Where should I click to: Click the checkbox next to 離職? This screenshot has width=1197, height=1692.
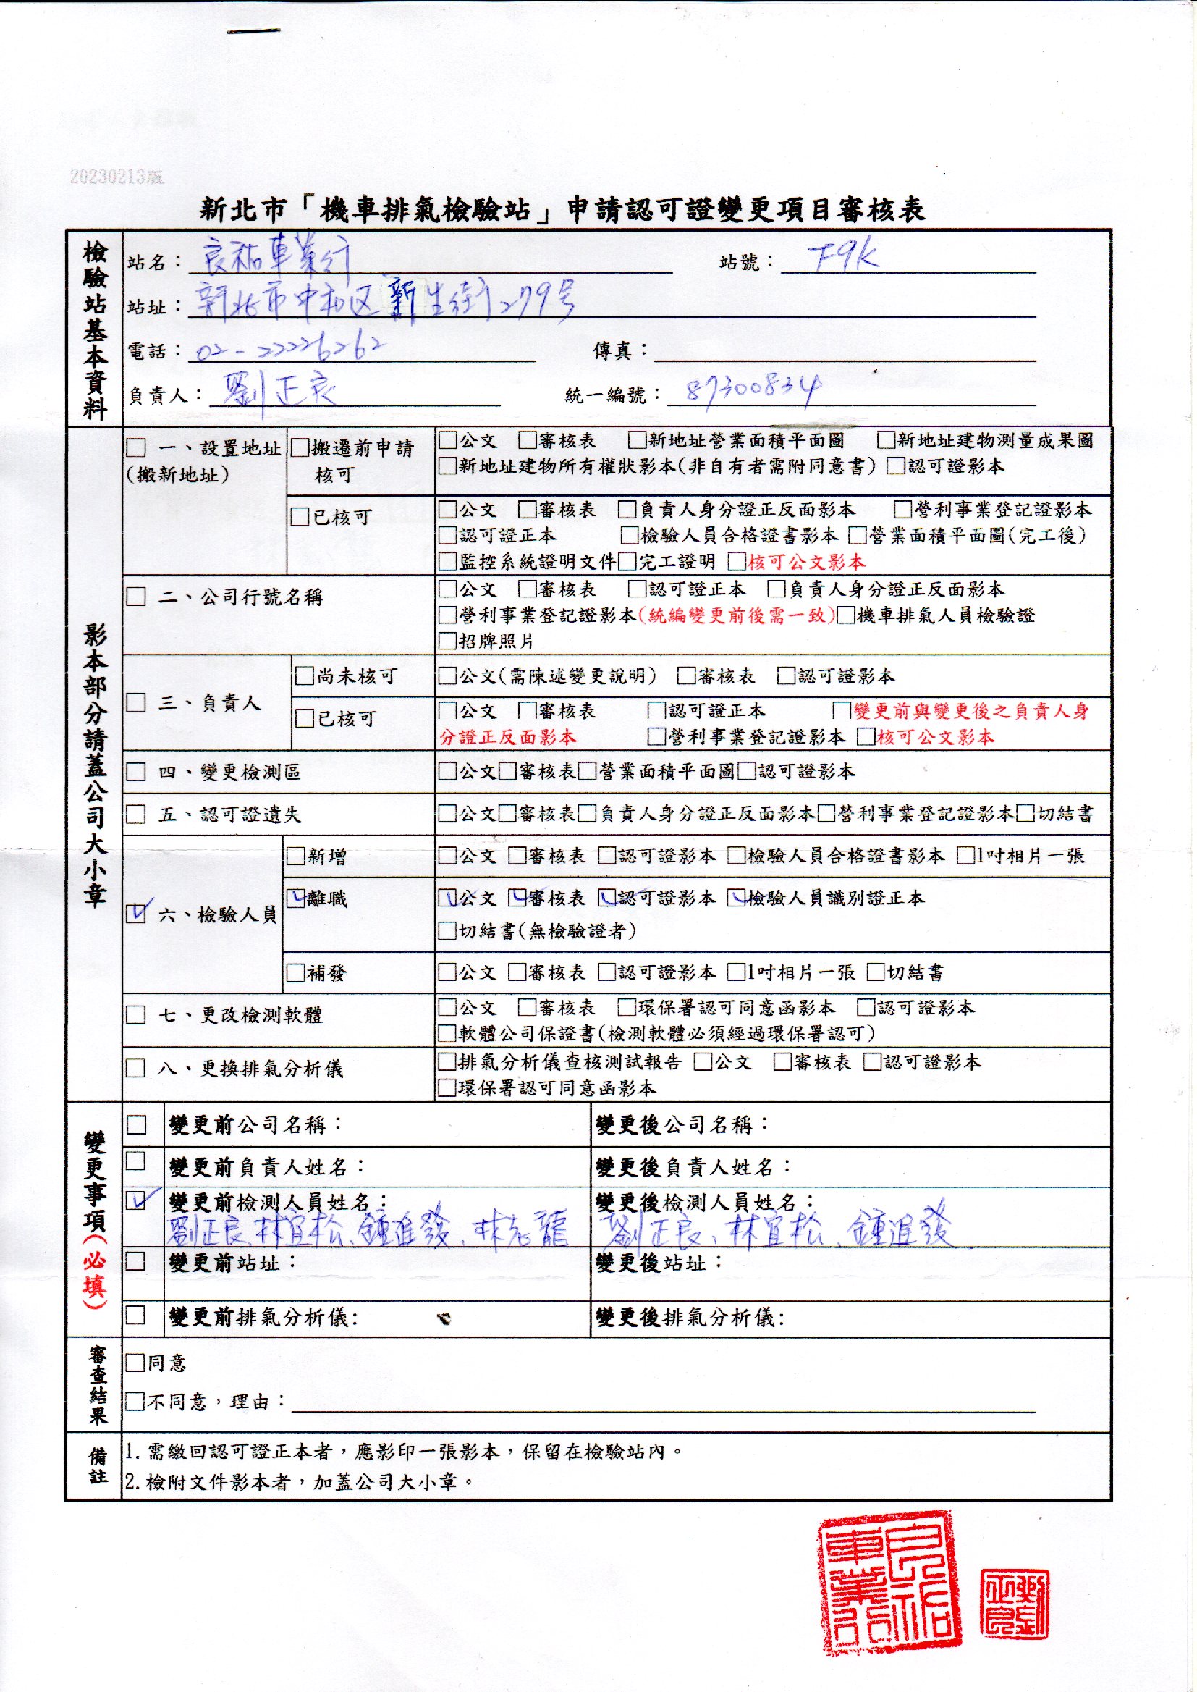[x=296, y=898]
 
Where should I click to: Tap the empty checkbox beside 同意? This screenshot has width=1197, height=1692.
[x=134, y=1363]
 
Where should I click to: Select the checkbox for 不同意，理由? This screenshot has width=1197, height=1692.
[x=134, y=1402]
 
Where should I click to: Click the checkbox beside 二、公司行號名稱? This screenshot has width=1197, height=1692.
[x=136, y=597]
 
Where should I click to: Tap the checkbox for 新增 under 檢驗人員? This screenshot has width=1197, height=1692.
[x=295, y=856]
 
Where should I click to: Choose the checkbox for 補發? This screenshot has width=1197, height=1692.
[x=295, y=973]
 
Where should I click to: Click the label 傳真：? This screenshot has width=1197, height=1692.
[x=622, y=351]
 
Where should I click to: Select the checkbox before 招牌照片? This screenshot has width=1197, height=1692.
[x=447, y=641]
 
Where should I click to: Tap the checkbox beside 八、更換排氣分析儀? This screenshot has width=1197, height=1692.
[x=135, y=1069]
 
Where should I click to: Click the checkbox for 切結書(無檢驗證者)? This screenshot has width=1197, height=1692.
[x=447, y=931]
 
